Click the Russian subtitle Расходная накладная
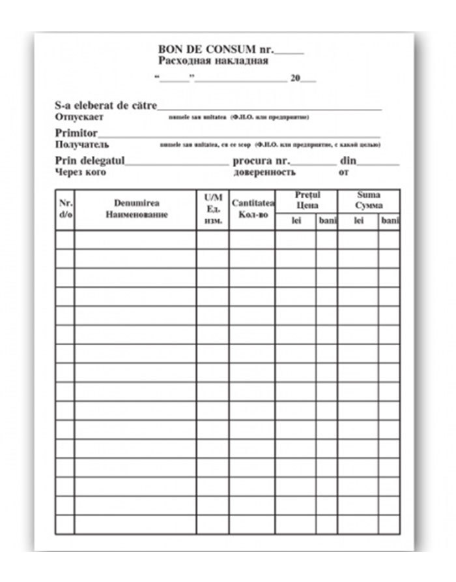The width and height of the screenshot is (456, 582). click(213, 62)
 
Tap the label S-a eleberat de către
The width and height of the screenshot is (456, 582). click(106, 106)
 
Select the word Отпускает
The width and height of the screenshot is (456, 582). click(79, 117)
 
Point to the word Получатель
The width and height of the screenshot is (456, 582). click(82, 144)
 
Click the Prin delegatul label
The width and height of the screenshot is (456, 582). click(90, 161)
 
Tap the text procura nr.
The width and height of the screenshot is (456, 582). click(261, 161)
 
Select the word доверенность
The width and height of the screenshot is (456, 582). click(264, 172)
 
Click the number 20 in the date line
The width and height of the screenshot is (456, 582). click(295, 78)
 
